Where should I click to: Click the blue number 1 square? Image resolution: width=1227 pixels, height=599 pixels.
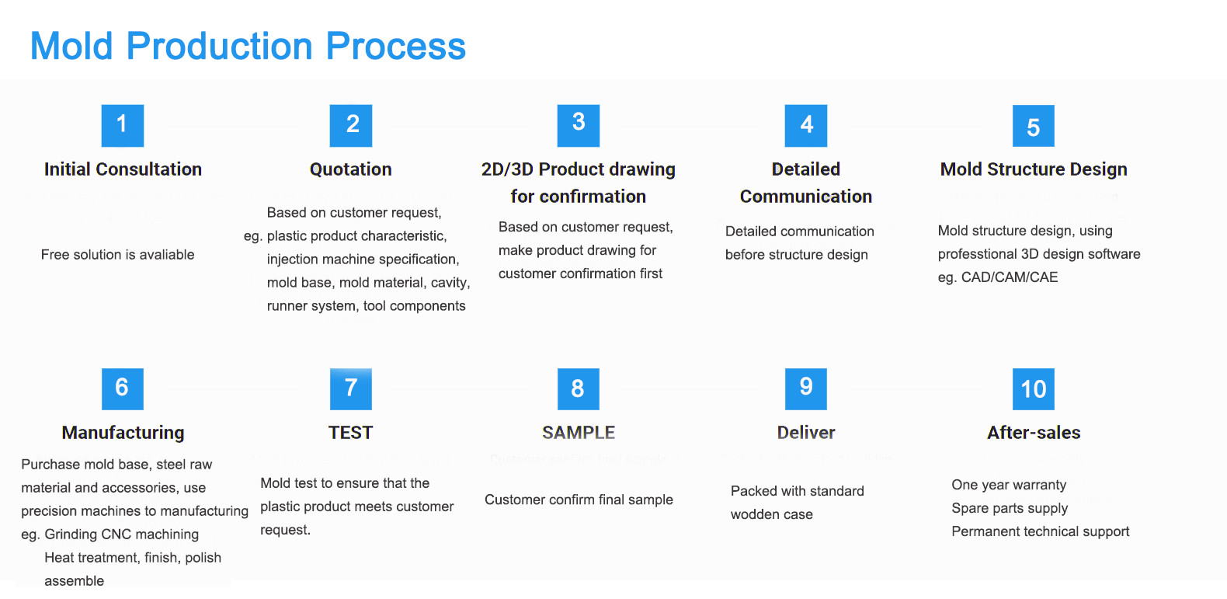[123, 126]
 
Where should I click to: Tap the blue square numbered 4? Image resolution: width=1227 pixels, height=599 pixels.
[806, 126]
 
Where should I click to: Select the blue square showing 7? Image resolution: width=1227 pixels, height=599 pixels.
[350, 389]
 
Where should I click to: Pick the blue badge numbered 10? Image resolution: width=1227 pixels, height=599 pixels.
[1033, 389]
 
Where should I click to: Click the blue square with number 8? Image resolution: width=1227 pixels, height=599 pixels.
[579, 389]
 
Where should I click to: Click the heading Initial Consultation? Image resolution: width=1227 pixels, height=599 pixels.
[123, 169]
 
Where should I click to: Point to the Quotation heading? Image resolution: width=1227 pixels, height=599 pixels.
[350, 169]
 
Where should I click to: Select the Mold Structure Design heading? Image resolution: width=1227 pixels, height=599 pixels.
[1034, 169]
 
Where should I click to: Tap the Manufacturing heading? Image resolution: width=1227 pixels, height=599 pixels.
[123, 433]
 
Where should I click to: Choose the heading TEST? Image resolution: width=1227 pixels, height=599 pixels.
[350, 433]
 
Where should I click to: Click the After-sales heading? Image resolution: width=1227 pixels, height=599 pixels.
[1034, 433]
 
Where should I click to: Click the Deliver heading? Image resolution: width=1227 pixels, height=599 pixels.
[806, 433]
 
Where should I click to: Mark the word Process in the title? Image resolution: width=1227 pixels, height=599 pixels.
[395, 46]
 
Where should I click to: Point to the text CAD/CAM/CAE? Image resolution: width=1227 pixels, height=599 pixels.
[1010, 277]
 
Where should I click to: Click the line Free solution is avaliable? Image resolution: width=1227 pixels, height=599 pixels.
[118, 255]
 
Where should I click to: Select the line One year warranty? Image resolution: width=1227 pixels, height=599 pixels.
[1009, 485]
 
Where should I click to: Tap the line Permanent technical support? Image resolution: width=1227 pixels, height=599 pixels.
[1040, 531]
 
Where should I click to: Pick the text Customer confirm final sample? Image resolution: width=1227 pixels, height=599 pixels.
[579, 500]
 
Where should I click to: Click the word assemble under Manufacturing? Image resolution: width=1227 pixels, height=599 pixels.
[74, 581]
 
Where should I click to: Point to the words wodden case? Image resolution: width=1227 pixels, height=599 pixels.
[772, 514]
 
